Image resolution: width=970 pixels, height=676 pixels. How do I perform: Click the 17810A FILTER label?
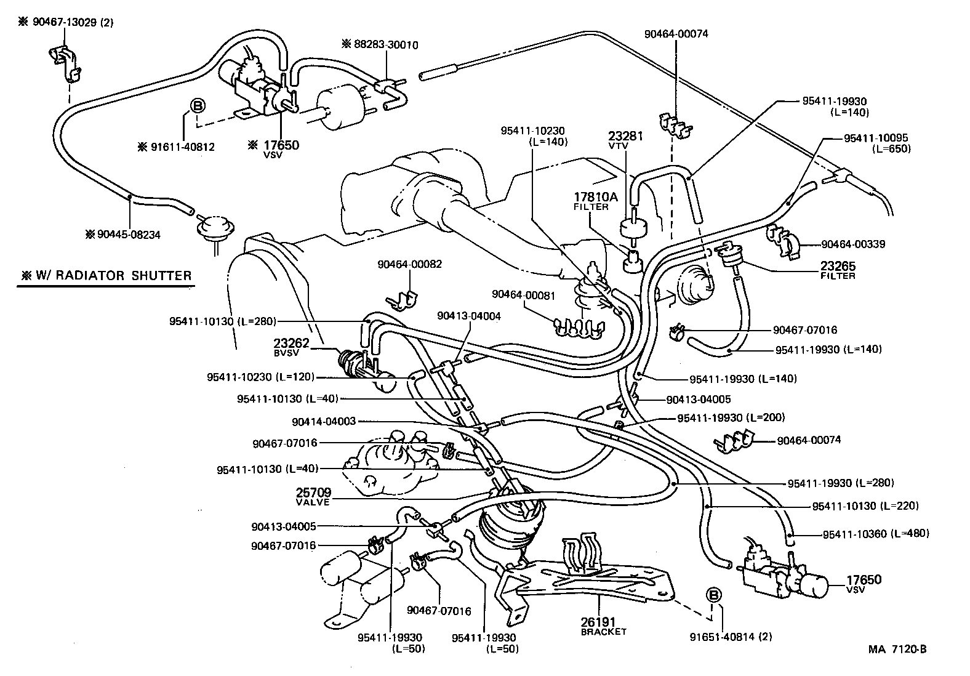click(595, 201)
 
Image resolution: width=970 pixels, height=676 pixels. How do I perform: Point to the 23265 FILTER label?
click(838, 270)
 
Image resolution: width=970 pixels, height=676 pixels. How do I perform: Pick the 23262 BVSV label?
click(291, 348)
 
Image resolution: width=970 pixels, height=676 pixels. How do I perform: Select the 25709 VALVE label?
click(313, 497)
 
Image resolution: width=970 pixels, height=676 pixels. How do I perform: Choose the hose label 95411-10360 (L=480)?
click(876, 533)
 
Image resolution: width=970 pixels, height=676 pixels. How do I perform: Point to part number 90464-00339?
click(853, 244)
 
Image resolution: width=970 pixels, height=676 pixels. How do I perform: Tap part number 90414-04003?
click(324, 422)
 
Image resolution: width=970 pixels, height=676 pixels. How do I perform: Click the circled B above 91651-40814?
click(713, 595)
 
